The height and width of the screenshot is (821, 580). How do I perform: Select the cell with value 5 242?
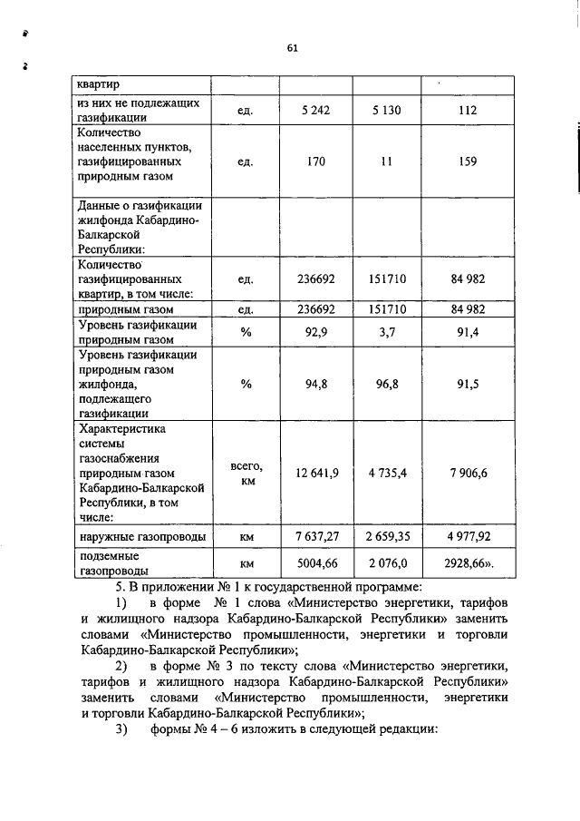[315, 110]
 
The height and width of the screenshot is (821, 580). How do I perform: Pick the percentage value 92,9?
[315, 332]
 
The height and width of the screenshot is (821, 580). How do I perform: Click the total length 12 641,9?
[316, 473]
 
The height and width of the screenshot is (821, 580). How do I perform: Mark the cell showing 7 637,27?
[316, 538]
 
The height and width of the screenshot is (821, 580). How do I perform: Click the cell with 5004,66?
[316, 563]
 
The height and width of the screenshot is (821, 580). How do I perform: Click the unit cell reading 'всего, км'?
[246, 473]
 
